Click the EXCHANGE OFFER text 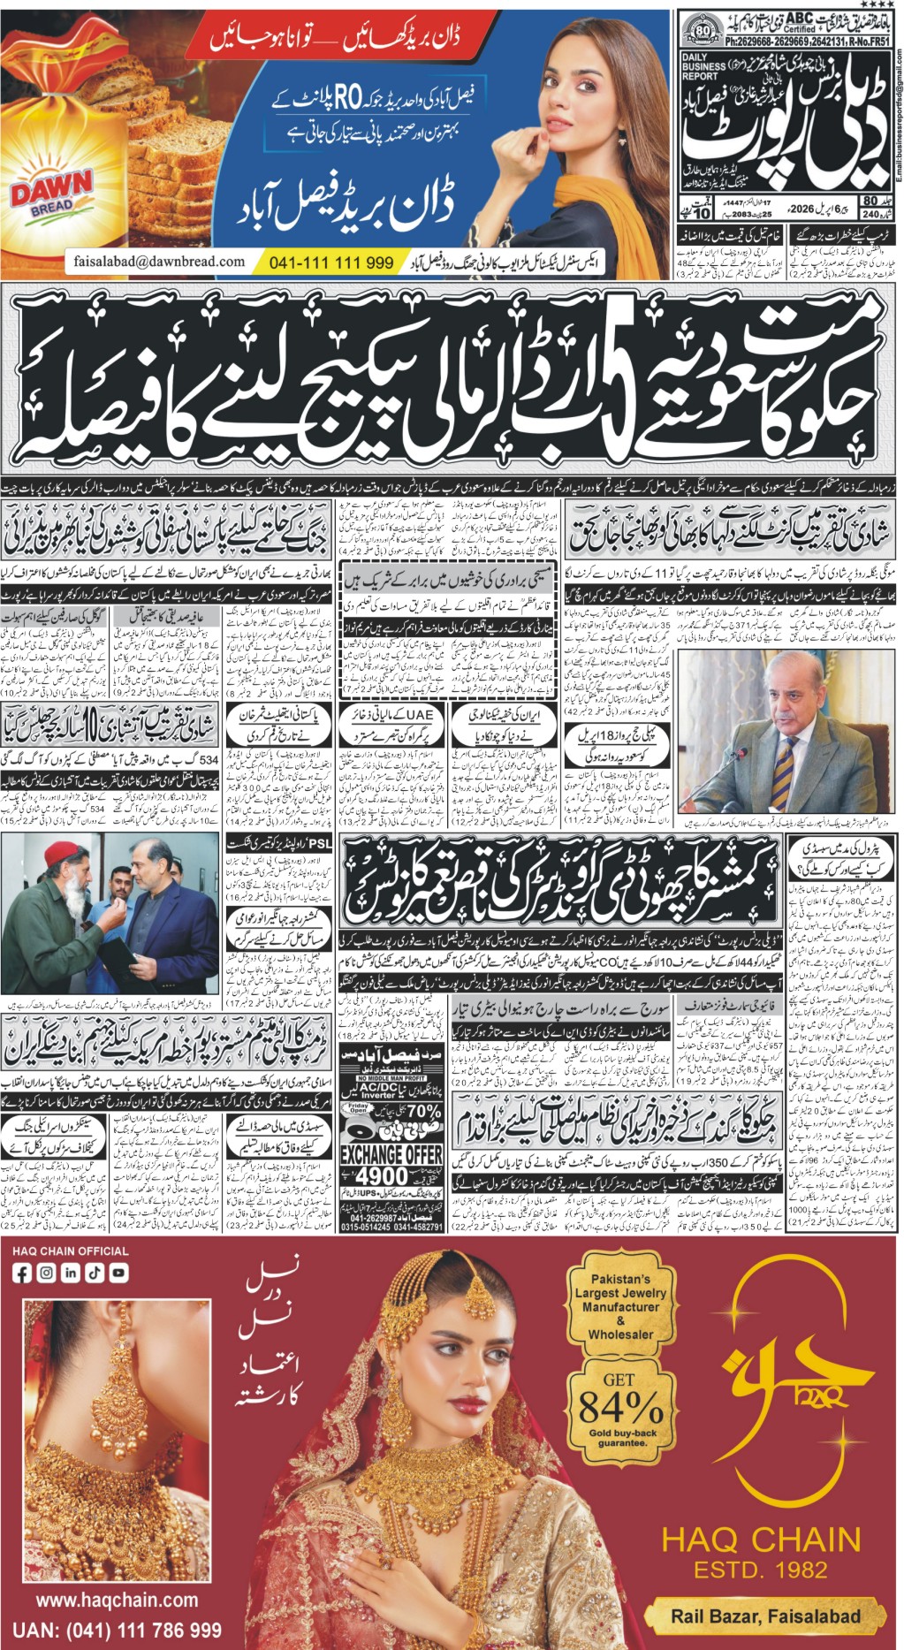coord(391,1154)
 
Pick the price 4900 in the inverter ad coord(382,1176)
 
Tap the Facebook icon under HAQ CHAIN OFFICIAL coord(22,1274)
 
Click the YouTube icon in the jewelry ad coord(118,1274)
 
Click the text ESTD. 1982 coord(760,1570)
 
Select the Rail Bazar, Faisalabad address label coord(764,1616)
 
